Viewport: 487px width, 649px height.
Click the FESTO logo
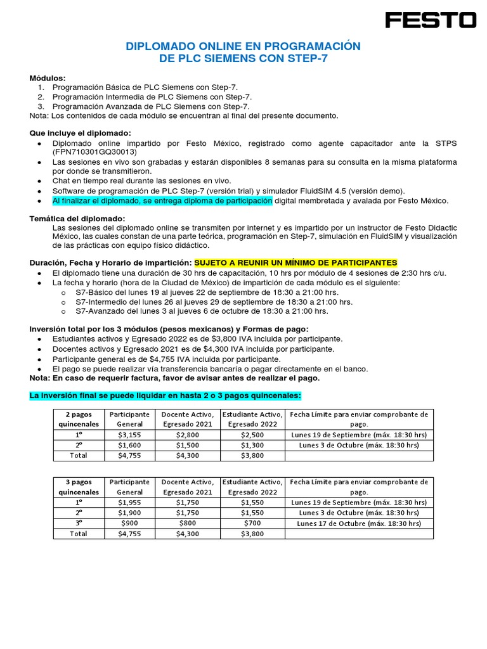(x=431, y=20)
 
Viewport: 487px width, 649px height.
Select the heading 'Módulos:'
(x=48, y=78)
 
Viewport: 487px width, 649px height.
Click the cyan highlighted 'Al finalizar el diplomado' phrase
(x=162, y=201)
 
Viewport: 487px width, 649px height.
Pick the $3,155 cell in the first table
(x=130, y=435)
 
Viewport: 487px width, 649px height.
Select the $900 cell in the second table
(x=130, y=523)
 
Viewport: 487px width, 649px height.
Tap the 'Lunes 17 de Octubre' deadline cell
(x=359, y=523)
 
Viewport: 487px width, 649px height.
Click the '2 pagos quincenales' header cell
(x=79, y=419)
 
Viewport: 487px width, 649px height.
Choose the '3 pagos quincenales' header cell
(x=79, y=487)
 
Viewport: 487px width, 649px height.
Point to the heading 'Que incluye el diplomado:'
(x=81, y=133)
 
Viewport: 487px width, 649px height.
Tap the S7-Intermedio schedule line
(x=214, y=302)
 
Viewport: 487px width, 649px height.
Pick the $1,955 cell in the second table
(x=130, y=502)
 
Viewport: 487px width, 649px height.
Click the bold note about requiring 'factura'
(x=175, y=378)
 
